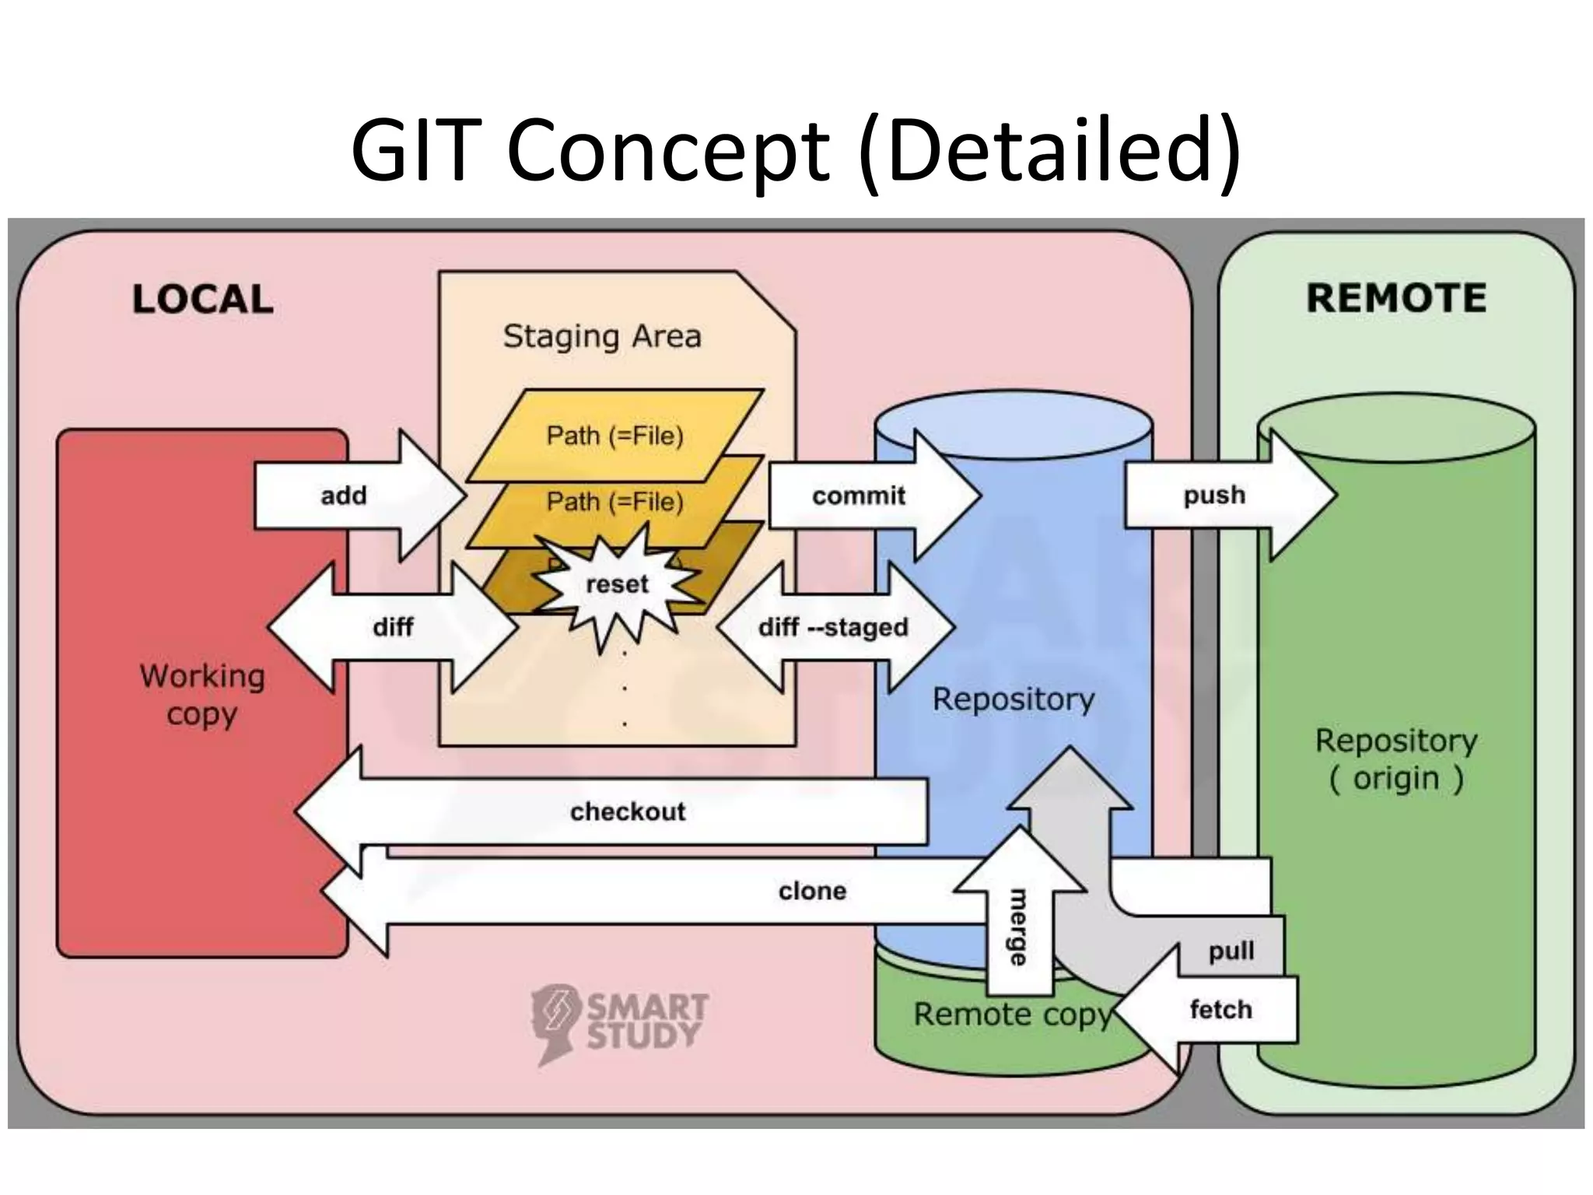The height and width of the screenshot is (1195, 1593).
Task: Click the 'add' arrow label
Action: point(343,496)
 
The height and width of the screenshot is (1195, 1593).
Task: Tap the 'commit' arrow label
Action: point(859,496)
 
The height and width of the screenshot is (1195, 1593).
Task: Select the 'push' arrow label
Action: point(1214,495)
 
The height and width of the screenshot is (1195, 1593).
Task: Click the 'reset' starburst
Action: point(617,584)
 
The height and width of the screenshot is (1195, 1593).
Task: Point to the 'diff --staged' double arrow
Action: point(833,627)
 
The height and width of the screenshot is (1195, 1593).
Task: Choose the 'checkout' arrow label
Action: point(628,811)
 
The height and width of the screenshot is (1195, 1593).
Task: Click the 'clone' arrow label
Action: point(812,891)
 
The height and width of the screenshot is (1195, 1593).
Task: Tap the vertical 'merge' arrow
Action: point(1017,926)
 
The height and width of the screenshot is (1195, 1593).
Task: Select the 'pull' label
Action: point(1231,951)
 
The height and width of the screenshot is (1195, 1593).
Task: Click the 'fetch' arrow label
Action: point(1220,1010)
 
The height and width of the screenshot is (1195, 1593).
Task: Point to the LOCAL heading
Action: point(202,300)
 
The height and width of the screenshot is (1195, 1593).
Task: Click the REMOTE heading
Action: point(1396,298)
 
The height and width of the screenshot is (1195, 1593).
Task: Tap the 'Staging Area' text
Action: point(602,336)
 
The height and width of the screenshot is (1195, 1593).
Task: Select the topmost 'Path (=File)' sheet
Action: point(614,435)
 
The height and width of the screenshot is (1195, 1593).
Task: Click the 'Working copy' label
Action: point(202,695)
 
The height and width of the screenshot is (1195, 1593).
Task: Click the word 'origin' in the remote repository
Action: point(1395,778)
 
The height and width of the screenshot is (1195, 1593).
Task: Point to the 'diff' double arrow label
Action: point(393,627)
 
